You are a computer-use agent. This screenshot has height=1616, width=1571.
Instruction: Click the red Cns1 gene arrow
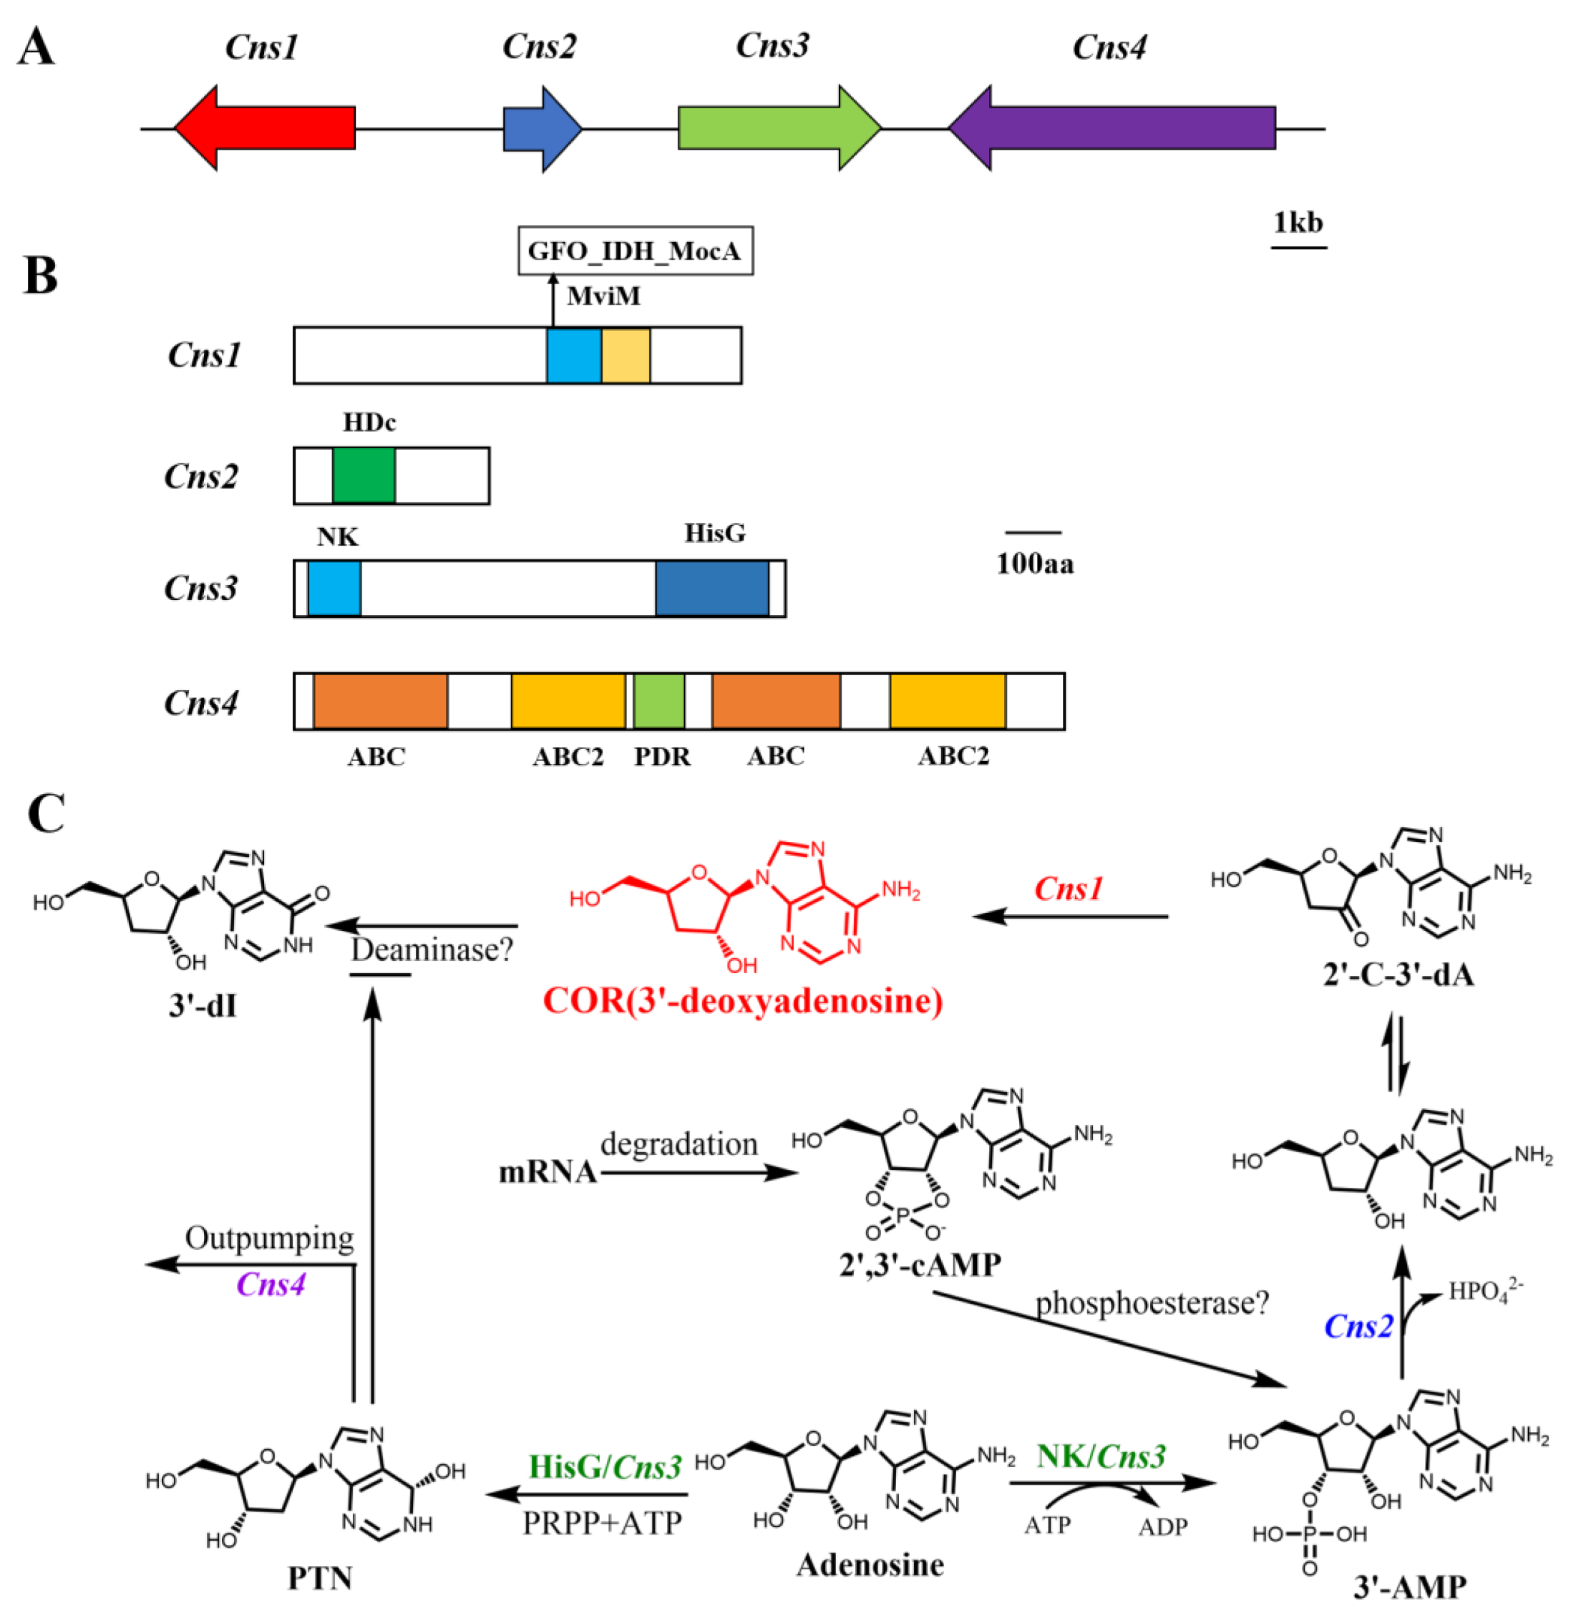(264, 128)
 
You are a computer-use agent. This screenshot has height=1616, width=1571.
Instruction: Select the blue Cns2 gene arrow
(541, 128)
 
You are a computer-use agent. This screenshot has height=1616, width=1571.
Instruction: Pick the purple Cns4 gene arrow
(1114, 128)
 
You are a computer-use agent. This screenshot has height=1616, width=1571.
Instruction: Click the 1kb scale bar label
(1297, 223)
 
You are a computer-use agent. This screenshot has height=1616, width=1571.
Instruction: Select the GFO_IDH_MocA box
(635, 250)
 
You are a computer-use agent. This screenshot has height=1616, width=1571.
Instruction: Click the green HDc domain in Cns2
(364, 475)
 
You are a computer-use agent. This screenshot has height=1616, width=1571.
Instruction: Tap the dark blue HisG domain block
(711, 589)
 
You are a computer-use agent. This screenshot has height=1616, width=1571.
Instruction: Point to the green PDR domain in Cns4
(658, 702)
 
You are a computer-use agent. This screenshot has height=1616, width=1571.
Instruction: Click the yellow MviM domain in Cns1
(626, 355)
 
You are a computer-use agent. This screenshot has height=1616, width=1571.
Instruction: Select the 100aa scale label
(1035, 563)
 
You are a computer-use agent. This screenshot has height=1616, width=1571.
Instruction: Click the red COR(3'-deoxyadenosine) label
(743, 1001)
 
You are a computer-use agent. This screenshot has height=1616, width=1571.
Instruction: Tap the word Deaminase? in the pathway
(432, 950)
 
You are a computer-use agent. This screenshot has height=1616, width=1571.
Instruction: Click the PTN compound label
(319, 1577)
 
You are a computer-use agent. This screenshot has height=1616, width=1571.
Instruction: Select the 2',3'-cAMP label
(920, 1264)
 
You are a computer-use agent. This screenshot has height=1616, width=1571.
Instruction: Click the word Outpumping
(269, 1238)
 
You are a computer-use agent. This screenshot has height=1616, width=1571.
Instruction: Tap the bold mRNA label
(547, 1172)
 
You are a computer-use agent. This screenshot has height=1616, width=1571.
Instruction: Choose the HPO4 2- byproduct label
(1484, 1290)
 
